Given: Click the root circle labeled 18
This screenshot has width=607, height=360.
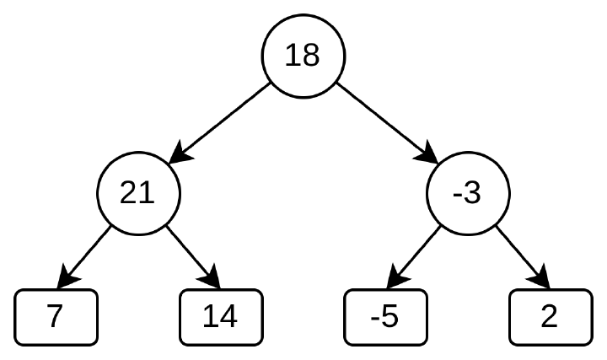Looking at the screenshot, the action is pos(303,56).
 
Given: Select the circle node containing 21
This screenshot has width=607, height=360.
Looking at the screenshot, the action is pos(138,193).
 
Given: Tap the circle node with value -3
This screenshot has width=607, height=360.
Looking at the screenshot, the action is pos(468,193).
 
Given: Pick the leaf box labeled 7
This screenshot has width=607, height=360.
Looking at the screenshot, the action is pos(56,317).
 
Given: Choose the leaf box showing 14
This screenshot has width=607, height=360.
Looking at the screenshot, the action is pos(221,317).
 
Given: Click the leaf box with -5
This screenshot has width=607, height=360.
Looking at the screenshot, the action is pos(385,317).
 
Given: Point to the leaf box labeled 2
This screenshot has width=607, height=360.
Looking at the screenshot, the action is pos(551,317).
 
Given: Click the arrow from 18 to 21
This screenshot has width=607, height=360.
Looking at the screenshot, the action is pos(220,123).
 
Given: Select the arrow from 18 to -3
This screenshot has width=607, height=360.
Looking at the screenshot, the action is pos(387,123).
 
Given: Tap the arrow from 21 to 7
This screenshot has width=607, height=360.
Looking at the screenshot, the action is pos(84,256).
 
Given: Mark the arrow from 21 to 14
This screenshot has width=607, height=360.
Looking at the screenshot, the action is pos(193,256).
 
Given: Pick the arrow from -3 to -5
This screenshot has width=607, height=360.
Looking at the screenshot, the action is pos(414,256).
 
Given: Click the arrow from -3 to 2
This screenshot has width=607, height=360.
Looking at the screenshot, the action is pos(523,256).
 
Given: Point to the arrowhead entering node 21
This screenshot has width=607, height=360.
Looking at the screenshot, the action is pos(180,153).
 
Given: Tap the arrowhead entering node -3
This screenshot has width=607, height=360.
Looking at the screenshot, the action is pos(427,153).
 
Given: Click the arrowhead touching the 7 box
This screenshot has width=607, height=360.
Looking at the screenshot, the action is pos(67,278).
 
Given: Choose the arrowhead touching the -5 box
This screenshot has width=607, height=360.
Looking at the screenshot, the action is pos(396,278).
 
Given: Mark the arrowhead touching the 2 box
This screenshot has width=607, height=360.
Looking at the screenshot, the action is pos(540,278).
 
